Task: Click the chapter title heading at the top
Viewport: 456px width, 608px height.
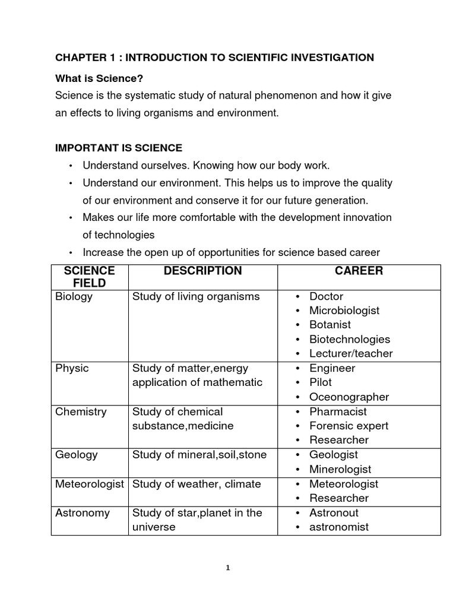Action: (214, 58)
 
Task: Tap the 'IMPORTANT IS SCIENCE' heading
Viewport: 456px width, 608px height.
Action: (119, 147)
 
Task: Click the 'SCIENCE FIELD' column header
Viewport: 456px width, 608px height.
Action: (89, 277)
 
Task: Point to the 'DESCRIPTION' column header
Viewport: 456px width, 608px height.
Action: (203, 271)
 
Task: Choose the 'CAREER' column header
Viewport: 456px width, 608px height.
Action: (359, 271)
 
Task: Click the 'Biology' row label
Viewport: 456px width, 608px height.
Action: (74, 296)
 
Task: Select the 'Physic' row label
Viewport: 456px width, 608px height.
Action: (72, 368)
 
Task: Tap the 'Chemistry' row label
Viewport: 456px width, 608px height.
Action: (81, 411)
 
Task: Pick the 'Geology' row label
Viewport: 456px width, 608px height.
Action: (77, 455)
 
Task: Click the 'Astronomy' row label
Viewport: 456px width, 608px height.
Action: (83, 512)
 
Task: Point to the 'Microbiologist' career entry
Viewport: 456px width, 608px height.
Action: (344, 311)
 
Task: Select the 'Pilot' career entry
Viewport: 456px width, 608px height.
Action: (320, 382)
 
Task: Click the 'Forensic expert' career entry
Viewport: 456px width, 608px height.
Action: (349, 426)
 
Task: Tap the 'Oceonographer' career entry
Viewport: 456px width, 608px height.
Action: (349, 397)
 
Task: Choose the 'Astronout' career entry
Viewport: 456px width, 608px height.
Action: (334, 512)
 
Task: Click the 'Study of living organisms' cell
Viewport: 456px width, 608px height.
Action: (196, 296)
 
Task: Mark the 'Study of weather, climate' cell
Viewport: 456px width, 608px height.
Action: (197, 484)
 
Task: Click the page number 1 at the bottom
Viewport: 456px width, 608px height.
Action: (228, 568)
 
